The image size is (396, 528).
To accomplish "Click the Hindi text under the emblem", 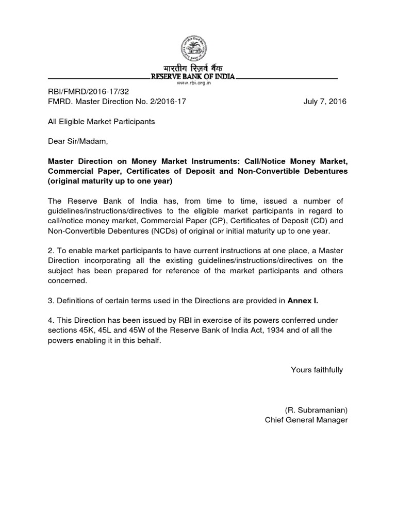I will coord(192,69).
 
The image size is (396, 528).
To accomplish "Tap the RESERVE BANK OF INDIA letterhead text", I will coord(192,77).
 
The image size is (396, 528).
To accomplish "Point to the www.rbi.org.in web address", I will coord(192,82).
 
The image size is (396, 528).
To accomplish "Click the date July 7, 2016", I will coord(325,102).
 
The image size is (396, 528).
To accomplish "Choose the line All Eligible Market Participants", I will coord(101,122).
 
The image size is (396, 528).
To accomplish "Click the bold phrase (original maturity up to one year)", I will coord(109,181).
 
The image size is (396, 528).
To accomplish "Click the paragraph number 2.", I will coord(50,251).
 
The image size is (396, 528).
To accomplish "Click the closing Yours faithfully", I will coord(317,370).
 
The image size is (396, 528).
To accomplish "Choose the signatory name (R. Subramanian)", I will coord(316,410).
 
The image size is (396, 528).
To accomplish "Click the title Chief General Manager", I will coord(306,420).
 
